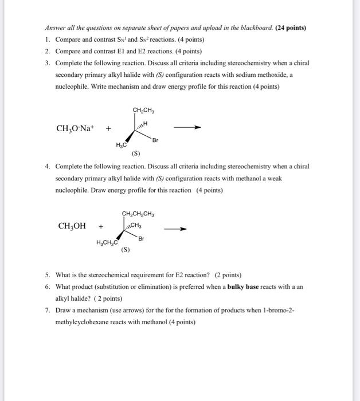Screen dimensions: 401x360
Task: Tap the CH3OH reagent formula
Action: point(72,226)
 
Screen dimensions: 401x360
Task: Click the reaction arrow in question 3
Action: point(189,128)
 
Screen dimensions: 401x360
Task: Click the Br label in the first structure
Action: point(155,139)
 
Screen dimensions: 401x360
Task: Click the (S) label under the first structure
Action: point(136,153)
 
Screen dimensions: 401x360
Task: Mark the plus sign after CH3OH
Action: point(101,226)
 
